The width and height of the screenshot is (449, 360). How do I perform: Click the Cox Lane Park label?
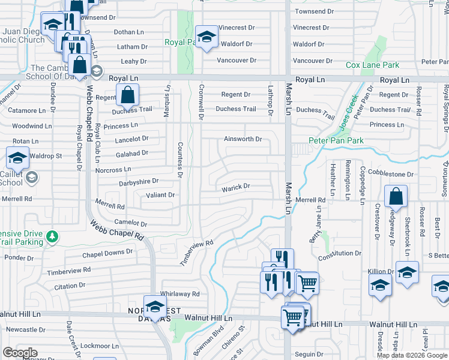372,65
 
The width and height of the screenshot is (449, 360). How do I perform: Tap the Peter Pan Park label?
337,140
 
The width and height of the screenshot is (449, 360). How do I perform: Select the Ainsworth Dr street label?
243,139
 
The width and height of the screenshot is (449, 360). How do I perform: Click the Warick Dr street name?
235,187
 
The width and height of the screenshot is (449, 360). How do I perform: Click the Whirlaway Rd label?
179,294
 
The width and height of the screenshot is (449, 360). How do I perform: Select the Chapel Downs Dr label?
107,253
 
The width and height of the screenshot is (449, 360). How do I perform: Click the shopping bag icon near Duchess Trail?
127,94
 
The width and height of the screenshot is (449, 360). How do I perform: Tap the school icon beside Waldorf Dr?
206,37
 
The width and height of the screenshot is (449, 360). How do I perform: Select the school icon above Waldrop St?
17,158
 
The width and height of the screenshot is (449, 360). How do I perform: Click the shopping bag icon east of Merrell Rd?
396,196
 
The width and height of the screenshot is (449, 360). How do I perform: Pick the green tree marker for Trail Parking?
53,236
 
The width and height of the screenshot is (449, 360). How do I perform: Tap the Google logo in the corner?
19,353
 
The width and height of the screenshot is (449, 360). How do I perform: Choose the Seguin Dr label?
309,353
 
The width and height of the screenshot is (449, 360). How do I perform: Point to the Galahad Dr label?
131,154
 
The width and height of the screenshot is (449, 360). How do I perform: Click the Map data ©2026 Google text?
412,355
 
